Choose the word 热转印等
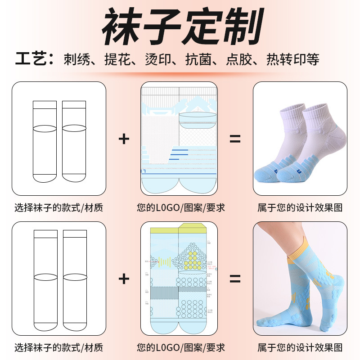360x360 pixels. click(x=293, y=59)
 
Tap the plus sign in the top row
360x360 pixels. click(x=124, y=139)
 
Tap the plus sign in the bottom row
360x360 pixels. click(x=124, y=279)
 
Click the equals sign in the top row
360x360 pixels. click(x=235, y=139)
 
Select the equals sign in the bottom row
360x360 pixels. click(x=235, y=279)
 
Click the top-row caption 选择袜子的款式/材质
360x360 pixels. click(x=59, y=207)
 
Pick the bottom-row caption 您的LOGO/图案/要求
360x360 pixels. click(x=180, y=347)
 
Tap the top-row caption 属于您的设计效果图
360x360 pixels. click(x=300, y=207)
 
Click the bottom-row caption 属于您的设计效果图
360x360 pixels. click(x=300, y=347)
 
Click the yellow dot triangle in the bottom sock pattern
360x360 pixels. click(x=193, y=258)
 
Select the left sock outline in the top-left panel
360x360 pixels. click(x=45, y=142)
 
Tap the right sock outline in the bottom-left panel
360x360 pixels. click(x=74, y=281)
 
